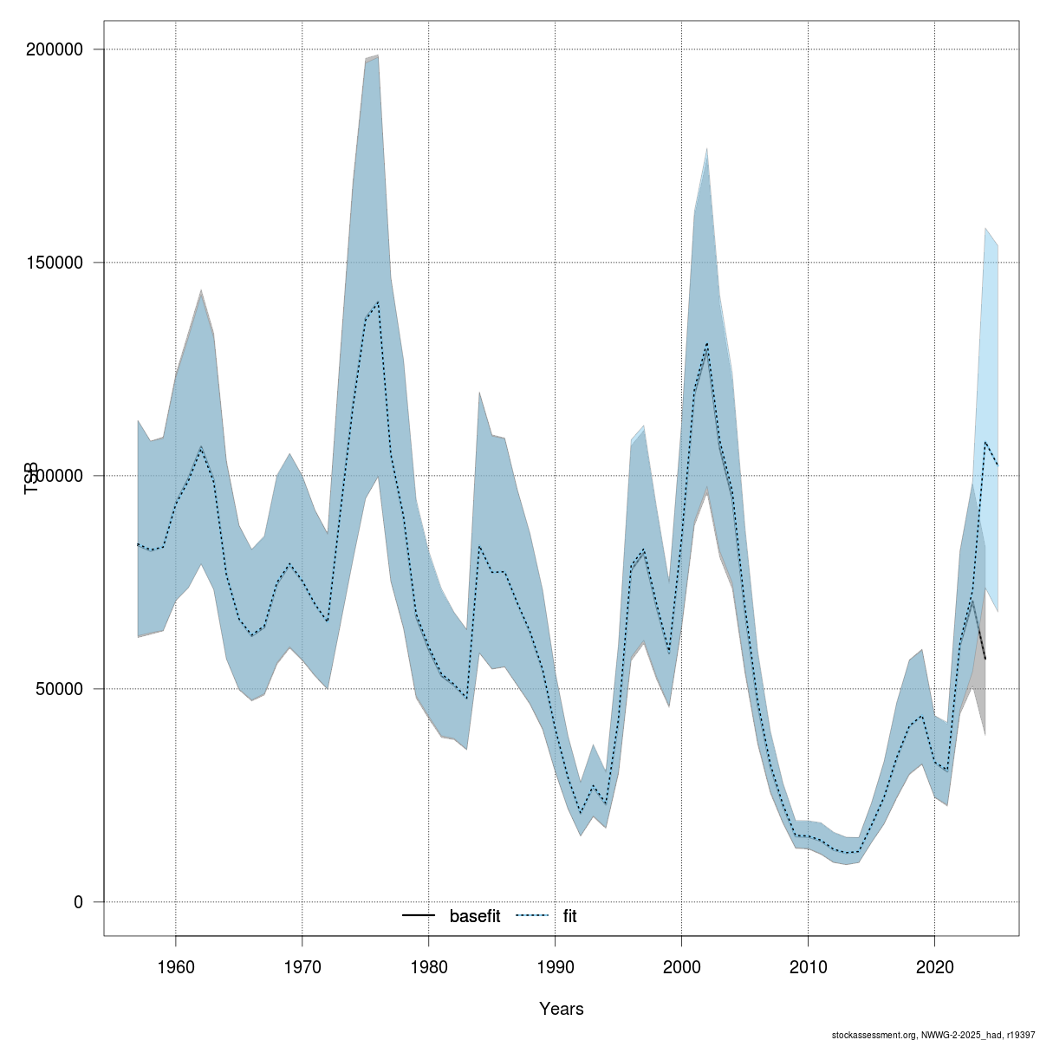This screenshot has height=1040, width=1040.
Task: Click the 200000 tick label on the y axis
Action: (x=59, y=49)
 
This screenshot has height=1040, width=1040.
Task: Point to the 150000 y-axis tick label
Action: (x=59, y=263)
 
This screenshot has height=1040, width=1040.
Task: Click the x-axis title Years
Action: (x=561, y=1009)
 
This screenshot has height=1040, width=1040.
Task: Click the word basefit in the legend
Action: (x=474, y=916)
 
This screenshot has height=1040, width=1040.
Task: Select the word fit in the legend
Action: (x=569, y=916)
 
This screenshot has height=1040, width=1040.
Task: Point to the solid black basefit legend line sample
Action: (x=419, y=916)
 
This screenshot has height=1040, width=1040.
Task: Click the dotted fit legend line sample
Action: (x=532, y=916)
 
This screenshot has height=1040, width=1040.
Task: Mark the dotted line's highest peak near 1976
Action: (x=378, y=302)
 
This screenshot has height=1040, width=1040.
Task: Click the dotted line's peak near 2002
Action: (x=707, y=344)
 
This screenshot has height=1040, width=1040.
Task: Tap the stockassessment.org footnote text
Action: (x=933, y=1035)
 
